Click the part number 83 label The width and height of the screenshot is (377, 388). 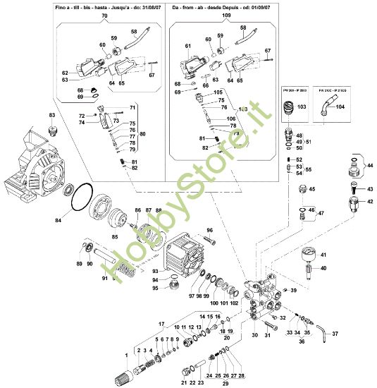(51, 114)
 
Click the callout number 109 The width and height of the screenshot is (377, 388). (225, 15)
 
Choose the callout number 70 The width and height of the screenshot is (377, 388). (105, 15)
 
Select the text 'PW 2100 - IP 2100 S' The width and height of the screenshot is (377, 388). (330, 91)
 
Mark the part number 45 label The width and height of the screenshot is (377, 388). (314, 190)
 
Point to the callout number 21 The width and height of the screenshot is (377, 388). (183, 382)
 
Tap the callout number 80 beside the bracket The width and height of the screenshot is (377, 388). (143, 135)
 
